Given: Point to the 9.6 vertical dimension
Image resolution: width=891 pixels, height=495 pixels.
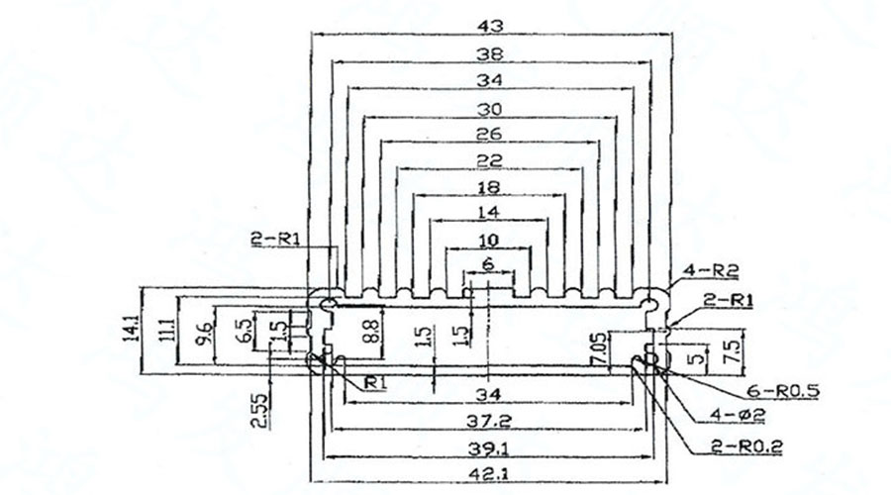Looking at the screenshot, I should pyautogui.click(x=205, y=334).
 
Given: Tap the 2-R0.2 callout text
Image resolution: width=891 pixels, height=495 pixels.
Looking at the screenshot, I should pyautogui.click(x=746, y=447).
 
